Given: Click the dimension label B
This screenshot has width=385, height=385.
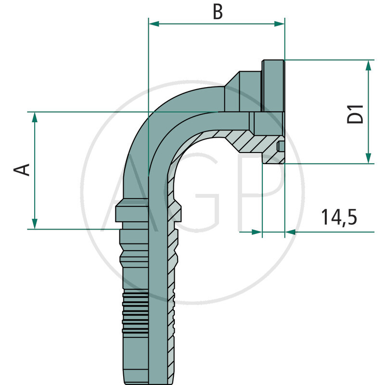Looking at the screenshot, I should click(218, 13).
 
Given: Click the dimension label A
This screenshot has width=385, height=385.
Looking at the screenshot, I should click(22, 169).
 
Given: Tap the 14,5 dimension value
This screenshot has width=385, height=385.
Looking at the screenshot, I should click(339, 218).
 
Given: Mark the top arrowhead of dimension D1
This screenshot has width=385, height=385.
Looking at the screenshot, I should click(369, 64).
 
